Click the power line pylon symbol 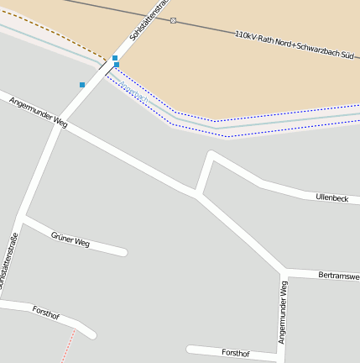coord(173,20)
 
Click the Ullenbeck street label coord(331,197)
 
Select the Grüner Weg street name coord(70,239)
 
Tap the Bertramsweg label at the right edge coord(339,276)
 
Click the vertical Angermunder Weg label coord(284,313)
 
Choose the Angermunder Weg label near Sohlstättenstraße coord(38,112)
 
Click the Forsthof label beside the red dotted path coord(46,314)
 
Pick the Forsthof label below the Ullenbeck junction coord(235,354)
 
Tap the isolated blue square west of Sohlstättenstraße coord(82,85)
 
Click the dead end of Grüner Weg coord(123,250)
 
